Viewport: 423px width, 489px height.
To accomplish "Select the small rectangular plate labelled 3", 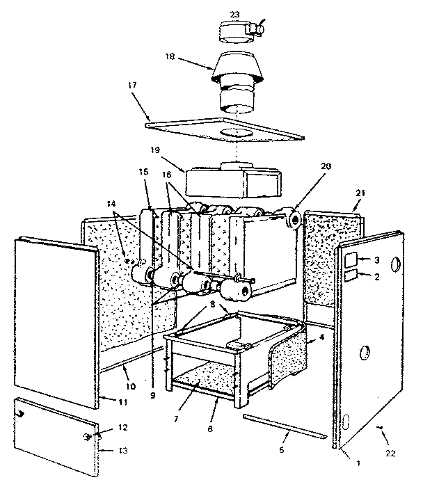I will (352, 261).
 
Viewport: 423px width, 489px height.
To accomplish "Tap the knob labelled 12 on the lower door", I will (88, 436).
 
